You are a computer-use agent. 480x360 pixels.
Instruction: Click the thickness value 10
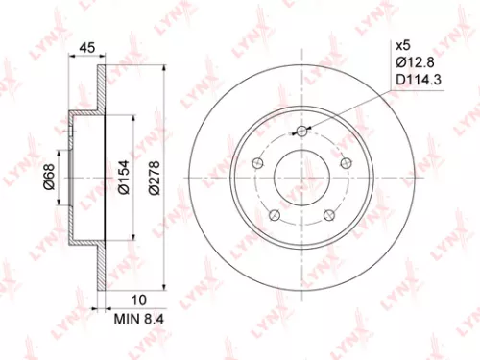click(112, 299)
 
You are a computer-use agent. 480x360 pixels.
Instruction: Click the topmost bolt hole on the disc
click(302, 132)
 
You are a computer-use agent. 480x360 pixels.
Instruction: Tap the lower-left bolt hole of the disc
click(275, 216)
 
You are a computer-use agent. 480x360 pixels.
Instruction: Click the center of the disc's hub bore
click(302, 179)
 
